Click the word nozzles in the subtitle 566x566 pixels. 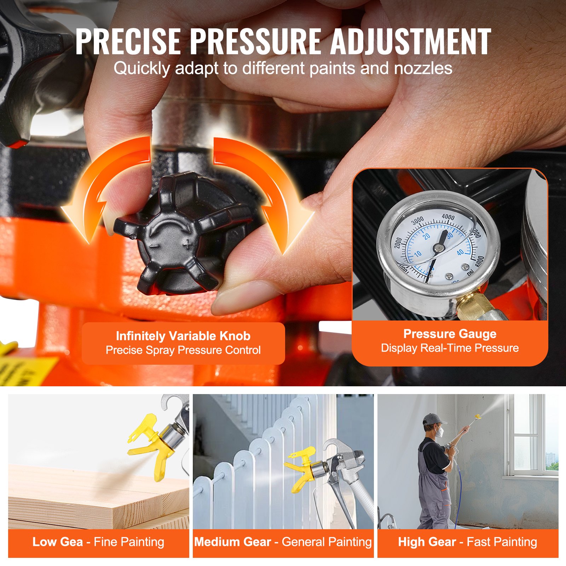pos(423,68)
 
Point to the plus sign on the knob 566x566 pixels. pos(188,244)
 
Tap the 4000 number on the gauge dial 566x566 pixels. pos(448,216)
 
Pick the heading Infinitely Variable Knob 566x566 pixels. pos(183,336)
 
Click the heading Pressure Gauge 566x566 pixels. pos(450,334)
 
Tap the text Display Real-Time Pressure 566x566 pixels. pos(450,348)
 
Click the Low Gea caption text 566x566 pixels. pos(58,542)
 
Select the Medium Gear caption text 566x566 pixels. pos(233,542)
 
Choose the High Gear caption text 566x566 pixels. pos(427,542)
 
